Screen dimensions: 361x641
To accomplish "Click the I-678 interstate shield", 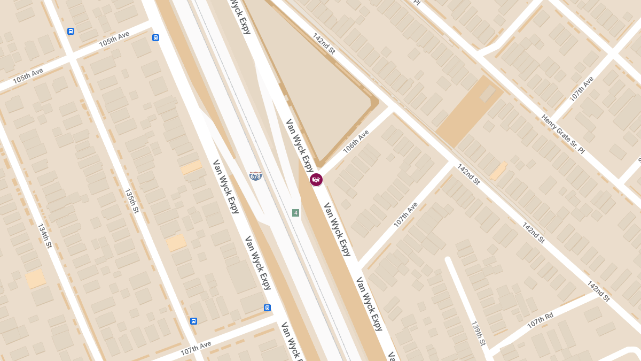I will coord(256,175).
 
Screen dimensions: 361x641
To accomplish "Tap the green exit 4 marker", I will coord(295,213).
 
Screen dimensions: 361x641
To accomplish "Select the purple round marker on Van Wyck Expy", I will coord(316,180).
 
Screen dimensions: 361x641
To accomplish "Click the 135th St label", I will coord(131,201).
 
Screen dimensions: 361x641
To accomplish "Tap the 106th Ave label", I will coord(356,142).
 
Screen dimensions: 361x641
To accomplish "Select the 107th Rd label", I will coord(540,319).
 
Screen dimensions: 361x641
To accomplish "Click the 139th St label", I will coord(478,333).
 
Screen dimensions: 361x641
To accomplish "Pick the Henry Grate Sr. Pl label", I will coord(563,134).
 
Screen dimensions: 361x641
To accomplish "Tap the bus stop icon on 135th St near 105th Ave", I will coord(71,32).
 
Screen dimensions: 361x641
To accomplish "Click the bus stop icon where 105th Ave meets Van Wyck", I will coord(155,37).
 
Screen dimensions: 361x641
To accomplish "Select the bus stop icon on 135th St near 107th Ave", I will coord(193,321).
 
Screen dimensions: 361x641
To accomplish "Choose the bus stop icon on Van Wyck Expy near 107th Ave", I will coord(267,308).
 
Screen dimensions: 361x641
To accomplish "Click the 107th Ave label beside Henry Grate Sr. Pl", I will coord(582,89).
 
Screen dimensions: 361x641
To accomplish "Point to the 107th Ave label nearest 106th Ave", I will coord(406,214).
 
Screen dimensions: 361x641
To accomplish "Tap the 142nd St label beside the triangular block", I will coord(324,43).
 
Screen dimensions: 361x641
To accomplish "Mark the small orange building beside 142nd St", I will coord(498,171).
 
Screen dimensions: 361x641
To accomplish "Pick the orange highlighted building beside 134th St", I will coord(35,279).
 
